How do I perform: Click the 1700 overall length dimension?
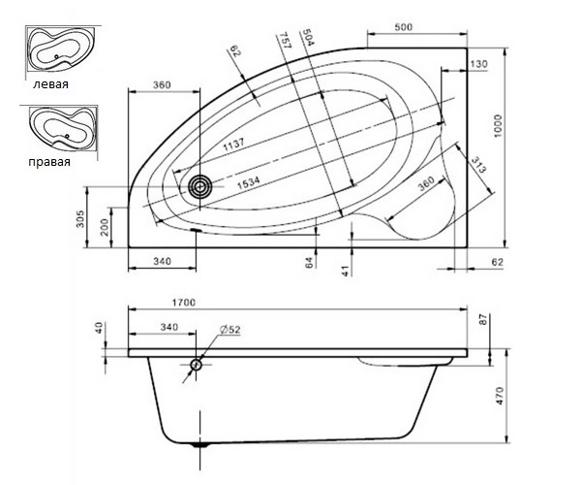[183, 303]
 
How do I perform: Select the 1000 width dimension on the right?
[498, 126]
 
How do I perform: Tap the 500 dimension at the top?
[403, 27]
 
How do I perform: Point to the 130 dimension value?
[479, 64]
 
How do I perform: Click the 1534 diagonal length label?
[248, 182]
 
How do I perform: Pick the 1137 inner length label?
[233, 145]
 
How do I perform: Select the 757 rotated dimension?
[286, 40]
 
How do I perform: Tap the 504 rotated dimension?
[308, 37]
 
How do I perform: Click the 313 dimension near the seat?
[478, 165]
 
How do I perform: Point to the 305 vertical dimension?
[81, 218]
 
